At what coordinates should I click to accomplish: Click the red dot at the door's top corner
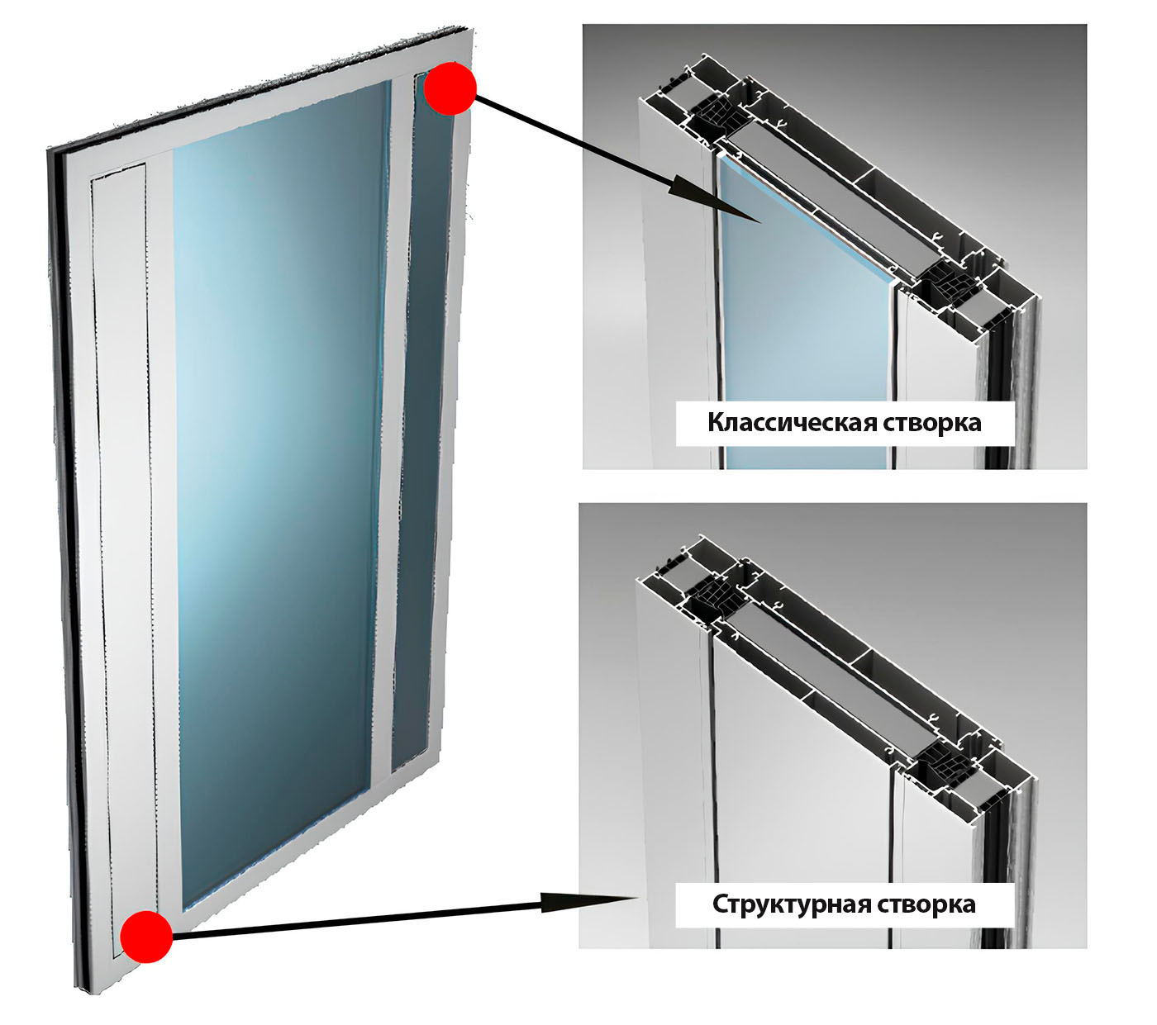click(x=450, y=88)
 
